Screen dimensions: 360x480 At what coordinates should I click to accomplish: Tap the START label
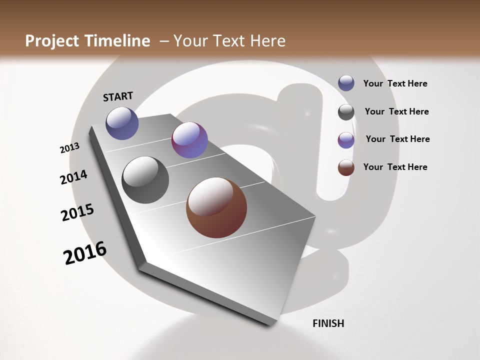tap(118, 96)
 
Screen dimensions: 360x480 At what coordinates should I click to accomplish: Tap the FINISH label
tap(328, 323)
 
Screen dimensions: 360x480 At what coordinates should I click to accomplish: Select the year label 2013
tap(69, 148)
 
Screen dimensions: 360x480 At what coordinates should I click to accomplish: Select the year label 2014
tap(73, 177)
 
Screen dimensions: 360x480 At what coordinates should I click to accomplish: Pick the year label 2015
tap(77, 212)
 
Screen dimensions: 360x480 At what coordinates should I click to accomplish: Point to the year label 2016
tap(85, 253)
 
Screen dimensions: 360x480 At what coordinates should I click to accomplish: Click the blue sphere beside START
tap(122, 123)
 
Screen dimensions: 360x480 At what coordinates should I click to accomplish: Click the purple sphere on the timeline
tap(189, 140)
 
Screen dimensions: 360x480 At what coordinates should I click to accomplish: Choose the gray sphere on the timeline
tap(145, 180)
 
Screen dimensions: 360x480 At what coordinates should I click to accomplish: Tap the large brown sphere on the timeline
tap(216, 207)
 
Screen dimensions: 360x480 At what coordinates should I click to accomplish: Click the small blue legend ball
tap(346, 83)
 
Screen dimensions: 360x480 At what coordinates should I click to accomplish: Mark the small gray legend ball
tap(346, 112)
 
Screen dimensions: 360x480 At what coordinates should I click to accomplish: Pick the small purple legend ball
tap(346, 140)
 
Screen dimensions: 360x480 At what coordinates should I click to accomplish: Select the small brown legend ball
tap(346, 167)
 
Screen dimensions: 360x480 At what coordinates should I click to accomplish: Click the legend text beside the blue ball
tap(395, 83)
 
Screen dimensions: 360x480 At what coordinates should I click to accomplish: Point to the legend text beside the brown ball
tap(395, 167)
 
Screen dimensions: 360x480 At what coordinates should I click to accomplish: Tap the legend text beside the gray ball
tap(396, 111)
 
